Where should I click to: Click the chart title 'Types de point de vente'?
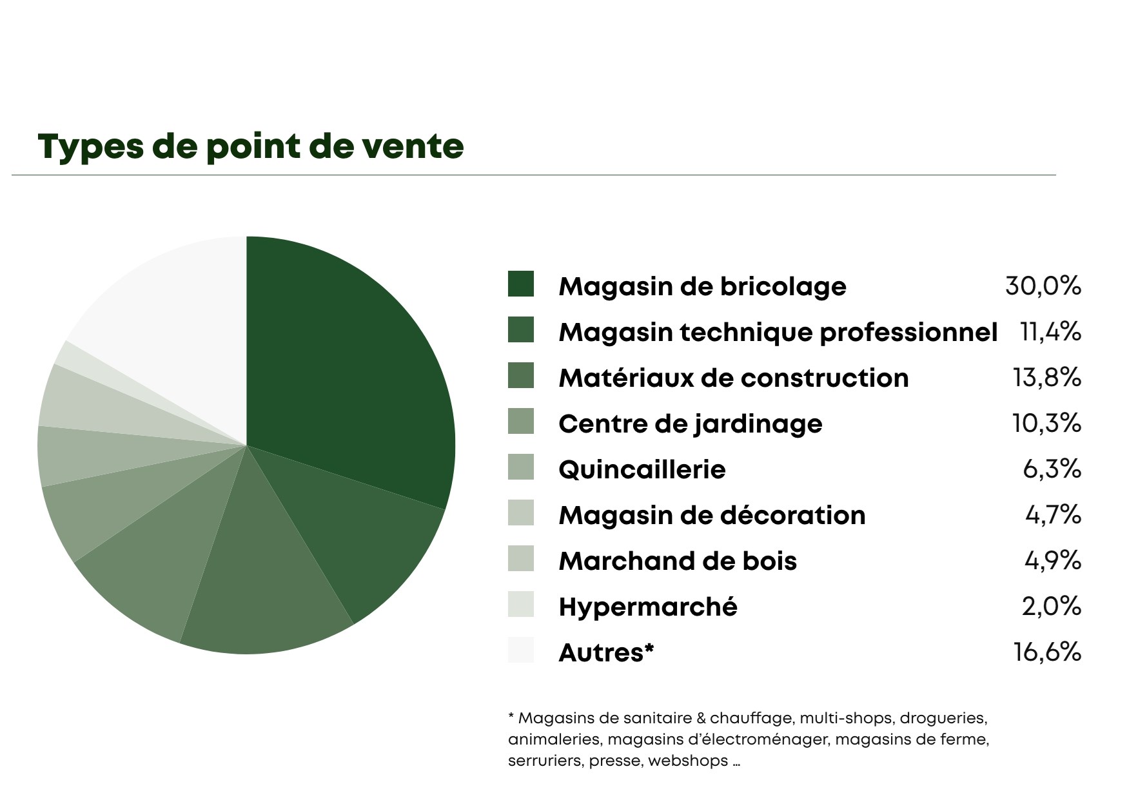(251, 147)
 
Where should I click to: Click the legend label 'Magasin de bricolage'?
(702, 287)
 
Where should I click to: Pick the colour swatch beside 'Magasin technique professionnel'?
(521, 329)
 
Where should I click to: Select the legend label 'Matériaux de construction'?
(734, 378)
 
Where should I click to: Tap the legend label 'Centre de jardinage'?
(691, 424)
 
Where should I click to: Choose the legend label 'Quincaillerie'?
(642, 469)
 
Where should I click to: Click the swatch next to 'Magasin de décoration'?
(521, 512)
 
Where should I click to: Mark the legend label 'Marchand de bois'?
(678, 561)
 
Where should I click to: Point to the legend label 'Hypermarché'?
(648, 607)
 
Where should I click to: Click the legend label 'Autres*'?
(606, 653)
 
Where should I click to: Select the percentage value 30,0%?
(1043, 286)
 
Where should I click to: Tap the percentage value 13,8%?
(1046, 377)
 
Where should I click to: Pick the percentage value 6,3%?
(1052, 469)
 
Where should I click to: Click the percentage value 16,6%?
(1047, 652)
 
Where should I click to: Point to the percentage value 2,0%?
(1051, 606)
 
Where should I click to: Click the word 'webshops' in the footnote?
(688, 761)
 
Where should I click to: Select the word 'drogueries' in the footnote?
(944, 718)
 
